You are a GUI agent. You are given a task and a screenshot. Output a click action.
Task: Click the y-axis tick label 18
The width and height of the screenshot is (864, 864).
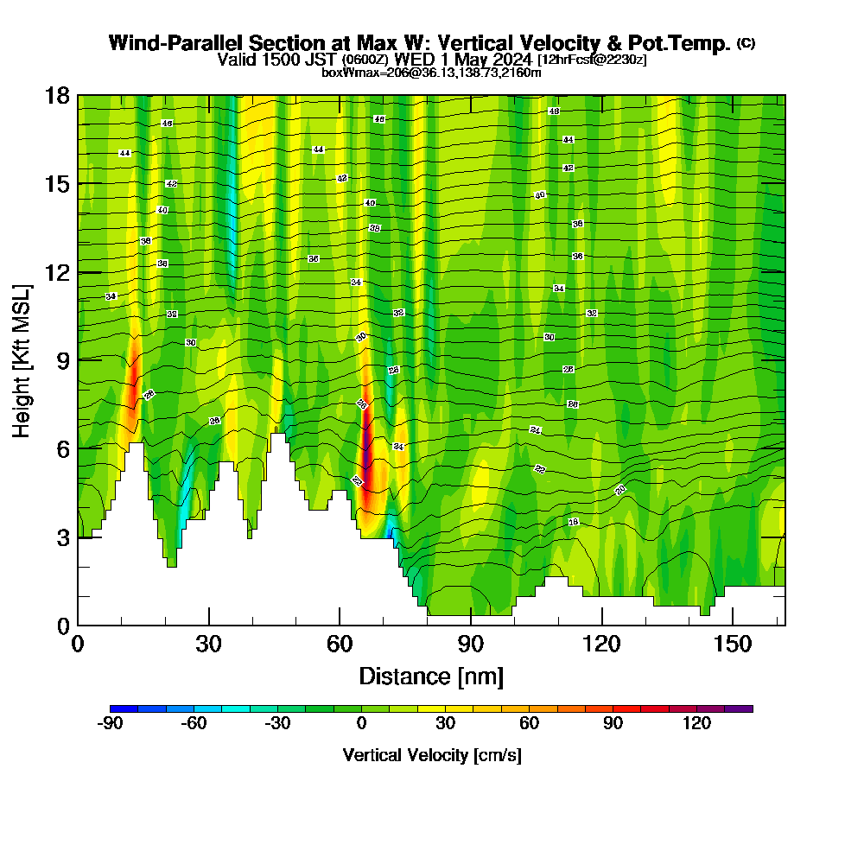pos(57,95)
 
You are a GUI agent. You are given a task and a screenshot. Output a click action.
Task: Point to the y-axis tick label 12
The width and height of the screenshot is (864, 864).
pos(57,272)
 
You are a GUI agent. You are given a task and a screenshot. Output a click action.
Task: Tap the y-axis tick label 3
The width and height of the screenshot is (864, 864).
pos(62,537)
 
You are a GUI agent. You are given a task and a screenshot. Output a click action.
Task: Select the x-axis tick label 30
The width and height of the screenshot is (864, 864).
pos(208,644)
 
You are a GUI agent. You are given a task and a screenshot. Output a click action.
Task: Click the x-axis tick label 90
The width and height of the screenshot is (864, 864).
pos(471,644)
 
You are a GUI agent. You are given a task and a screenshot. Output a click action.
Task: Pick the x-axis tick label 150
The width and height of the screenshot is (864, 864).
pos(733,644)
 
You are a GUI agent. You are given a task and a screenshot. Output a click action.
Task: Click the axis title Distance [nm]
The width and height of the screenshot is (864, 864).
pos(431,676)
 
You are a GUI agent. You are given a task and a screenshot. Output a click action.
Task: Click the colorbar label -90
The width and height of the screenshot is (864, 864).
pos(111,724)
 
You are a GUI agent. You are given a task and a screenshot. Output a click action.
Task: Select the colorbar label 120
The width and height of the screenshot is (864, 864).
pos(697,724)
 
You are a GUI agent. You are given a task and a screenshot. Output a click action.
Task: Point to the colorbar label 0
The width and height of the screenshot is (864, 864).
pos(362,724)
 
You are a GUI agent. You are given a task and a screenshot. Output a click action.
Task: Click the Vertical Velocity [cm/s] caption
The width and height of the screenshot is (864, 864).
pos(432,755)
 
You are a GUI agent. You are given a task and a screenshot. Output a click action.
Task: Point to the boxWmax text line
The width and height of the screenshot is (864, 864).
pos(431,73)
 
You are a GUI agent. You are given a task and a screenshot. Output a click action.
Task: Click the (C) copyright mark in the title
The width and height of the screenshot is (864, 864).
pos(746,42)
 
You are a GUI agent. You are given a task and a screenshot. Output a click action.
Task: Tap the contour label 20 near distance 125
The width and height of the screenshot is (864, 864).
pos(620,490)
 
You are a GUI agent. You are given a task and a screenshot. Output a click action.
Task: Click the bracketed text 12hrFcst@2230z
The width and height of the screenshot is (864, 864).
pos(592,60)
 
